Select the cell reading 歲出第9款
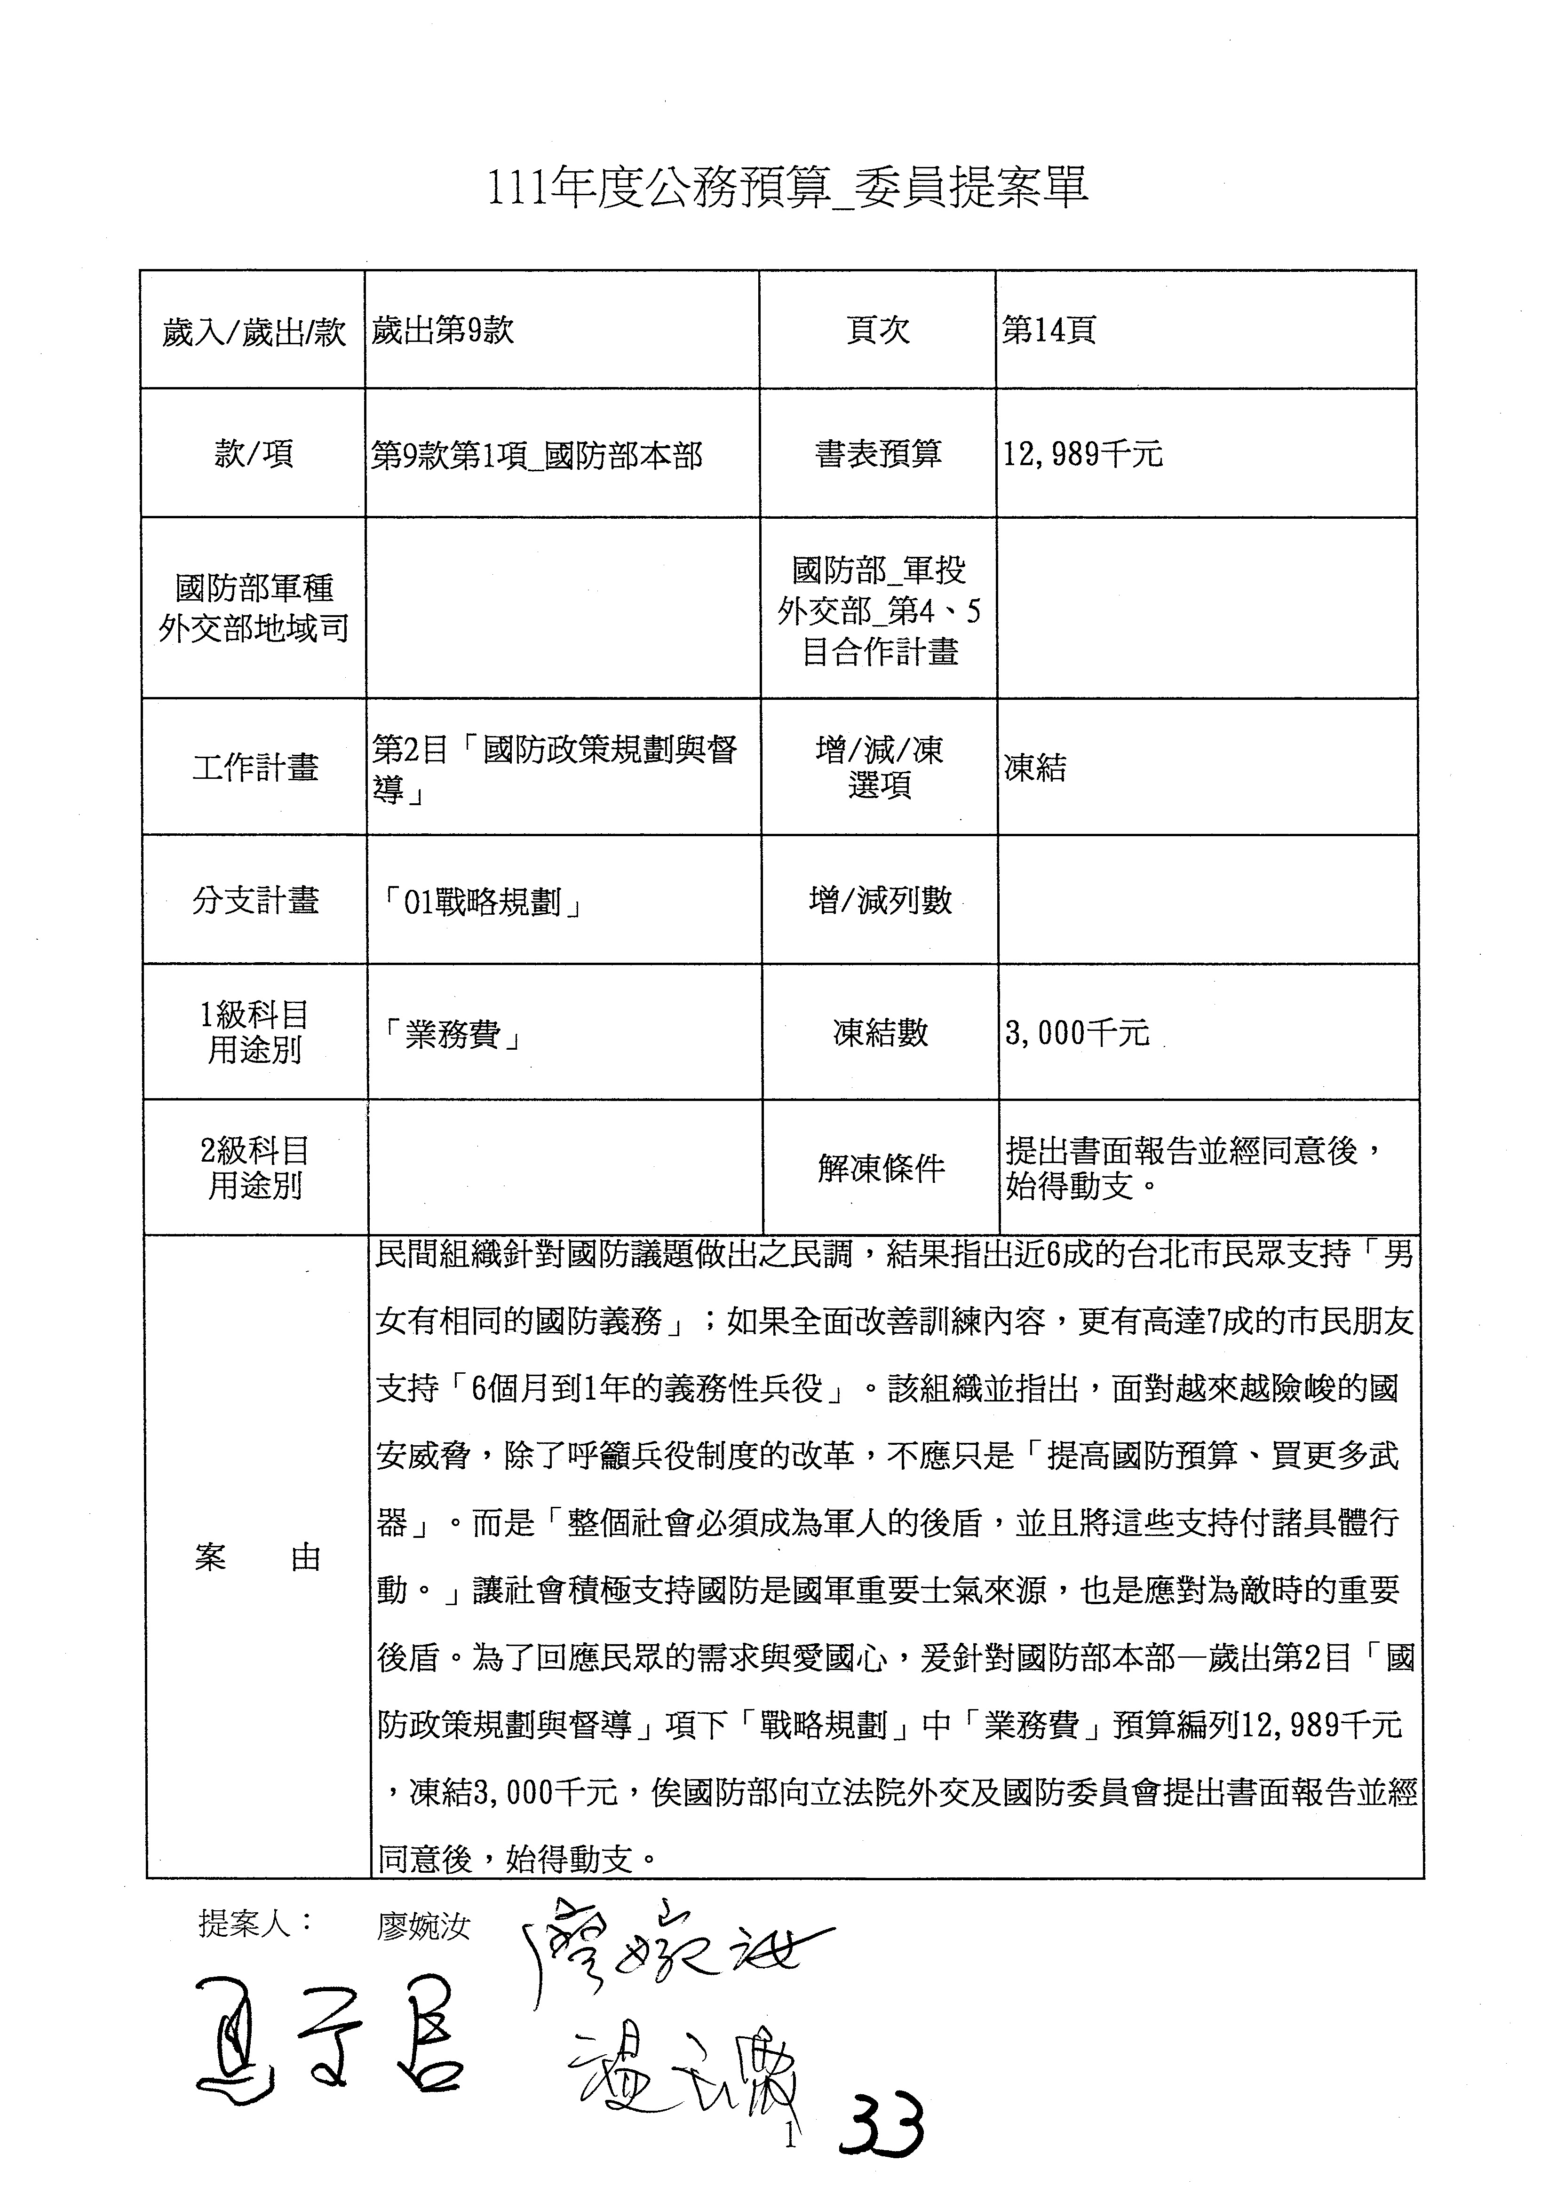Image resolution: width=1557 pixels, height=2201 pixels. [443, 331]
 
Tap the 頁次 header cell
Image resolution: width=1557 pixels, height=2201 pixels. [877, 331]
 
